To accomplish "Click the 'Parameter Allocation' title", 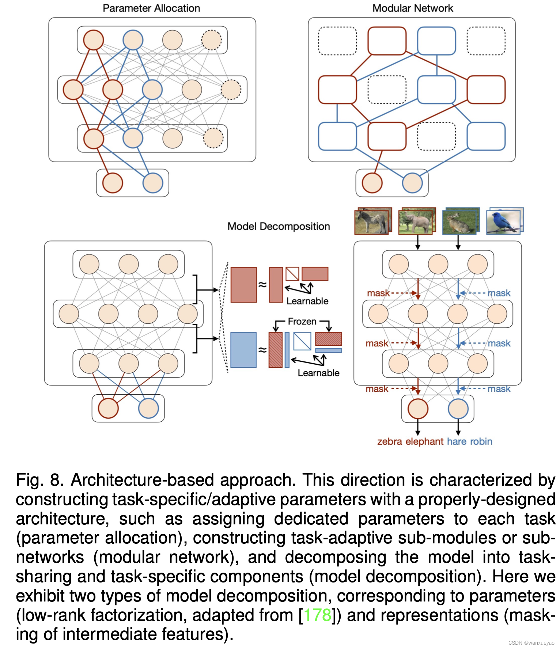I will [x=151, y=8].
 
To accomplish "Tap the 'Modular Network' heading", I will [x=412, y=8].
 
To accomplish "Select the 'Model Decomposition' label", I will [x=279, y=227].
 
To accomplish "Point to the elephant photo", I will [x=417, y=221].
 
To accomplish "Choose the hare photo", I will [x=460, y=221].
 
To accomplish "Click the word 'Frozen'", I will [x=302, y=322].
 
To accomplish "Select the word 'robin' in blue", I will [x=481, y=441].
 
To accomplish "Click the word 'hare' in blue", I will [x=457, y=441].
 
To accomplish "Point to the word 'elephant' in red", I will [x=424, y=441].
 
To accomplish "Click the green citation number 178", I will [x=317, y=615].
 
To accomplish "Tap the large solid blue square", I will [x=243, y=350].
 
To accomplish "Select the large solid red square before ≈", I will [x=243, y=285].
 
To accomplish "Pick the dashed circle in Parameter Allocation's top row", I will [x=211, y=40].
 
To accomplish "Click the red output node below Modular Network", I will [x=372, y=183].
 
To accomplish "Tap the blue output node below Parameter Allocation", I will [x=152, y=183].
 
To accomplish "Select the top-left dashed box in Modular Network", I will [x=337, y=41].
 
